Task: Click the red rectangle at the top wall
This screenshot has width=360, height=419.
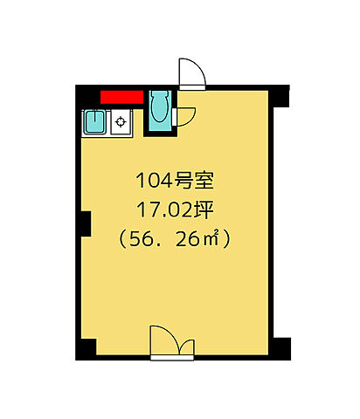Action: tap(121, 97)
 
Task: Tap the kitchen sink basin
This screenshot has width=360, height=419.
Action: tap(94, 121)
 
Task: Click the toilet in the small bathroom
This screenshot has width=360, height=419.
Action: tap(159, 108)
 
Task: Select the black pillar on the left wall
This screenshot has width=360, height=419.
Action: tap(85, 223)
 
